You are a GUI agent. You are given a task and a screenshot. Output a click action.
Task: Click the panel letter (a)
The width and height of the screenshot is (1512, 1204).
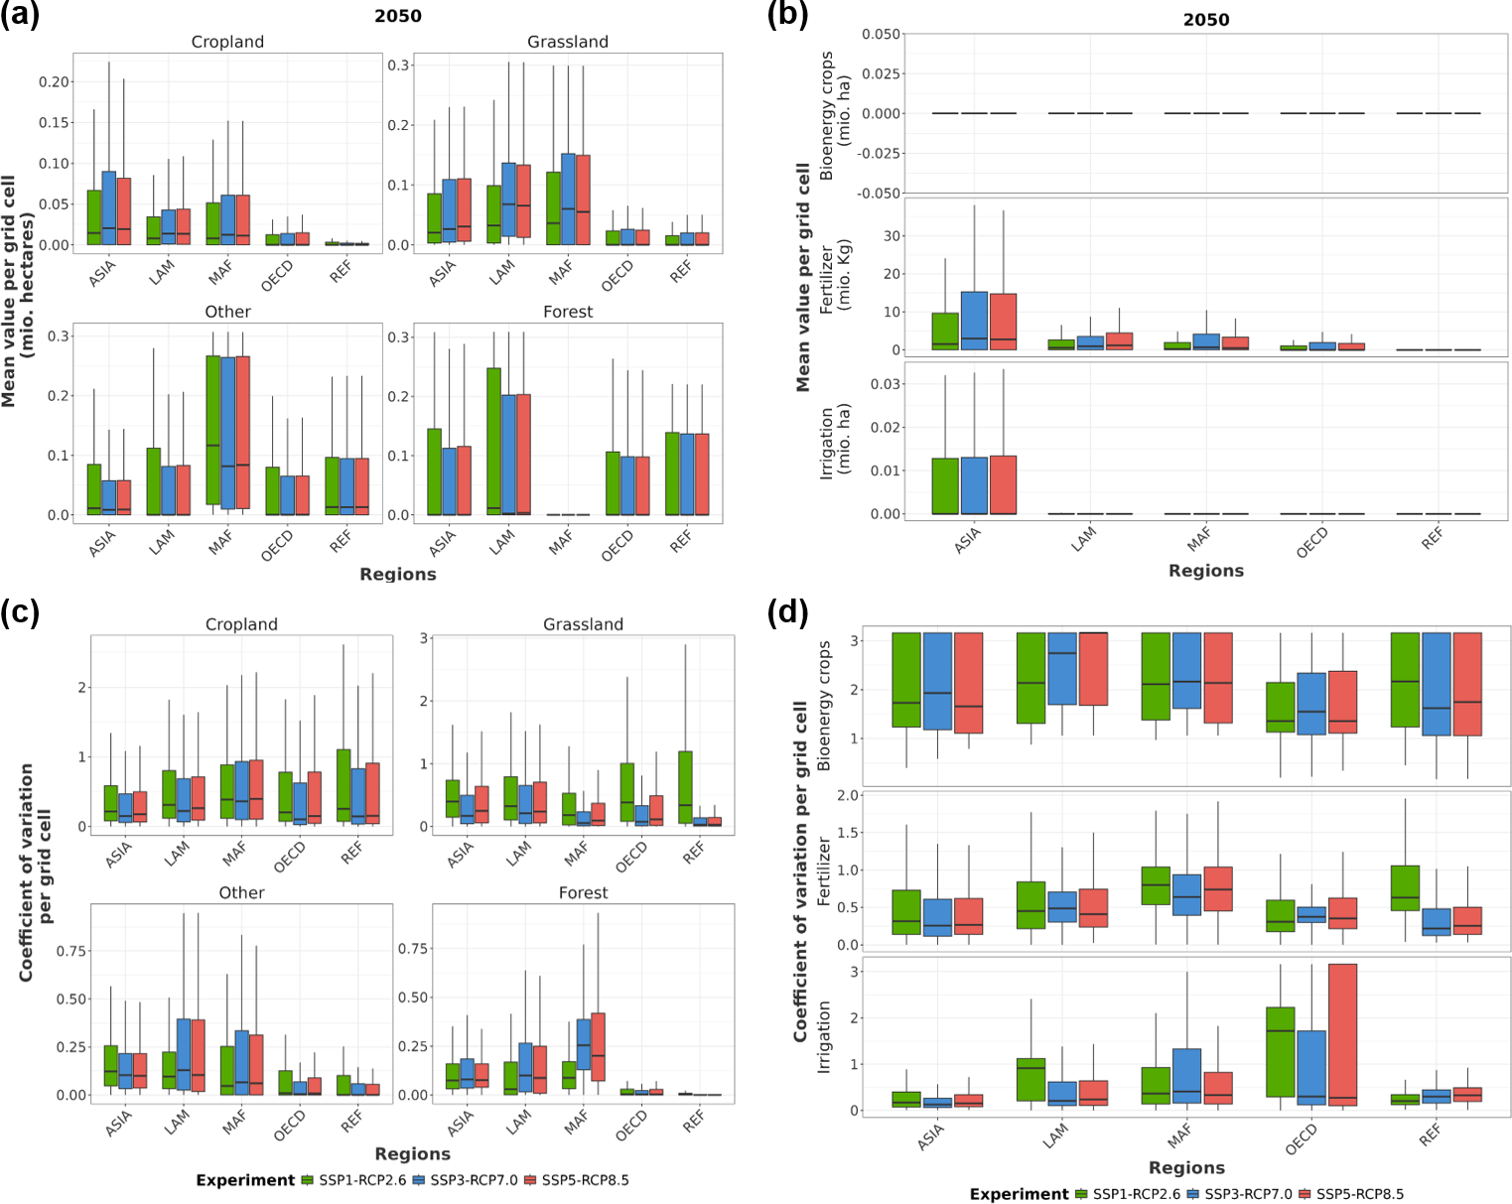pyautogui.click(x=20, y=17)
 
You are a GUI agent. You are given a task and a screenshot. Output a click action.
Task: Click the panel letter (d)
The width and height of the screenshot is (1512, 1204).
pyautogui.click(x=787, y=612)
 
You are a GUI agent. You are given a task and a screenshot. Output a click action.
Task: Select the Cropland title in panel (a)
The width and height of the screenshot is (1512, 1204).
pyautogui.click(x=227, y=42)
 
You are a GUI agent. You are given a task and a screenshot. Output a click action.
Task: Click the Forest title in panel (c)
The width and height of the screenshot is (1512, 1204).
pyautogui.click(x=583, y=892)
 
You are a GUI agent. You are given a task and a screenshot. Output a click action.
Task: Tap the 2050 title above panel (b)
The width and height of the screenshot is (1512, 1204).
pyautogui.click(x=1206, y=20)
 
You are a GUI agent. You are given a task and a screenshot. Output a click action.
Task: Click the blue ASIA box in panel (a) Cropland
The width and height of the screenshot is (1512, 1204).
pyautogui.click(x=109, y=207)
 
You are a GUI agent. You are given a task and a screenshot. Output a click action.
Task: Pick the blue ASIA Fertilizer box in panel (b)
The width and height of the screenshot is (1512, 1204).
pyautogui.click(x=974, y=321)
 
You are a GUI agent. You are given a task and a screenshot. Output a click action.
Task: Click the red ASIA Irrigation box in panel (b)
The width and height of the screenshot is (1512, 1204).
pyautogui.click(x=1003, y=484)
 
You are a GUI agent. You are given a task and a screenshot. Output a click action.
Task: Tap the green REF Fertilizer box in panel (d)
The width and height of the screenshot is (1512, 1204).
pyautogui.click(x=1405, y=888)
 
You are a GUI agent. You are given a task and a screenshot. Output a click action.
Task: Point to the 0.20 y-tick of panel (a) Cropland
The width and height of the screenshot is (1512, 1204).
pyautogui.click(x=55, y=81)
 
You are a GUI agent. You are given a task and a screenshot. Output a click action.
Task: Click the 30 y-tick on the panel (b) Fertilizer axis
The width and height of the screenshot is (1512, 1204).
pyautogui.click(x=892, y=236)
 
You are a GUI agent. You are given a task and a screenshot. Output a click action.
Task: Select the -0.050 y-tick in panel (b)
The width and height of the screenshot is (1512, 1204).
pyautogui.click(x=881, y=193)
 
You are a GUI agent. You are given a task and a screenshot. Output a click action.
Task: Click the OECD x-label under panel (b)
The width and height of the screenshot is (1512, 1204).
pyautogui.click(x=1311, y=542)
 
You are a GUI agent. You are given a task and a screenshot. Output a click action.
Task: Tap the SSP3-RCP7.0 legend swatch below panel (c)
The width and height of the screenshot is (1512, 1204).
pyautogui.click(x=419, y=1180)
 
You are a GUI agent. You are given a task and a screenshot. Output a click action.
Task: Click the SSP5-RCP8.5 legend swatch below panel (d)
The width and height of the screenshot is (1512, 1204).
pyautogui.click(x=1305, y=1194)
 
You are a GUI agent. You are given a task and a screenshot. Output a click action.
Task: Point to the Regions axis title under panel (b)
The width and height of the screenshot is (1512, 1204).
pyautogui.click(x=1205, y=571)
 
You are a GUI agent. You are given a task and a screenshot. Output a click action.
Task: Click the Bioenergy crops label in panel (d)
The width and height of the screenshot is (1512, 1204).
pyautogui.click(x=824, y=705)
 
